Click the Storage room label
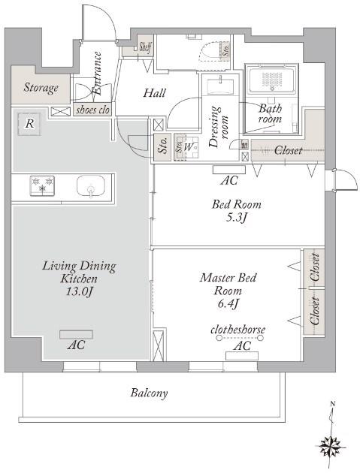pos(41,88)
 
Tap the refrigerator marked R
pos(29,124)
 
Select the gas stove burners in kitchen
pos(42,185)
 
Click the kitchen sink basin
pos(91,186)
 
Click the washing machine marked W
pos(187,148)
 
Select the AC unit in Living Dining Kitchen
pos(76,334)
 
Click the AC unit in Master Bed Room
pos(242,356)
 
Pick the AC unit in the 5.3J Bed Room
pos(229,170)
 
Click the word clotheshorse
pos(238,330)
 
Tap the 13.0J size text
pos(79,292)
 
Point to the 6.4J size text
pos(228,303)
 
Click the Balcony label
pos(149,393)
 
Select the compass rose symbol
pos(330,446)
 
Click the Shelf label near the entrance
pos(146,47)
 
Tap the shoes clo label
pos(92,110)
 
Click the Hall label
pos(154,93)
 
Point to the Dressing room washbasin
pos(220,86)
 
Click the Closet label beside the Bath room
pos(288,150)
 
